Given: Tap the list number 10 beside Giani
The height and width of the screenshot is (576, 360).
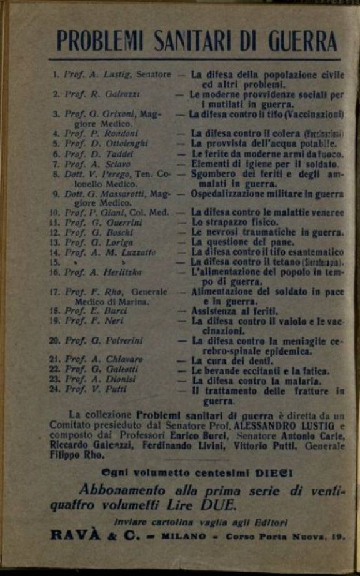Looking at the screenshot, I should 54,212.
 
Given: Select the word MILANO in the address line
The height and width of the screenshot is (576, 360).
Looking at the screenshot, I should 186,536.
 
